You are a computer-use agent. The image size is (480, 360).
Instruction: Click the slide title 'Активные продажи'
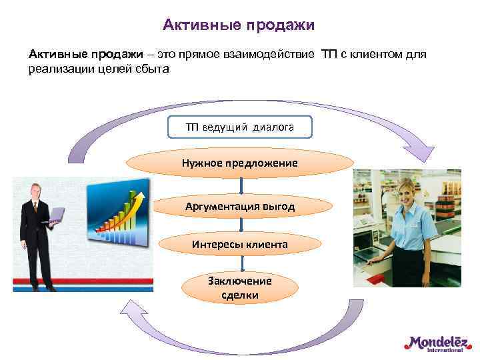239,25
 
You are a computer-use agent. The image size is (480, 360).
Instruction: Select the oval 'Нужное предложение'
240,163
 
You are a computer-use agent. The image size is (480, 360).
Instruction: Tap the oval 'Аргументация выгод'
240,206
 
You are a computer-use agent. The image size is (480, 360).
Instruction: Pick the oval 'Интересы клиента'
240,244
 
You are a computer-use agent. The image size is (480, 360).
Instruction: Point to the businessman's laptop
55,215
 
